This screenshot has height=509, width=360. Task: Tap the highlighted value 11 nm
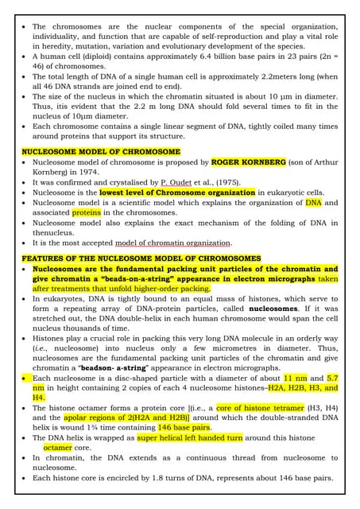tap(296, 378)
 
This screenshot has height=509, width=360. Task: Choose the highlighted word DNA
tap(314, 203)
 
